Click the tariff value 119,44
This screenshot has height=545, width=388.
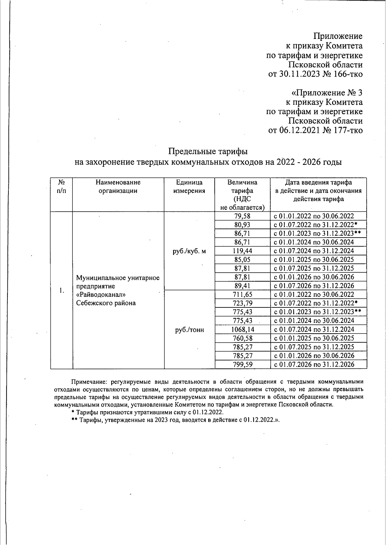pyautogui.click(x=242, y=251)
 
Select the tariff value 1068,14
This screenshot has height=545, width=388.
pyautogui.click(x=242, y=329)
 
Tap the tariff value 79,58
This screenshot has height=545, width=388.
pyautogui.click(x=242, y=216)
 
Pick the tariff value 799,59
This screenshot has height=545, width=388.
pyautogui.click(x=242, y=364)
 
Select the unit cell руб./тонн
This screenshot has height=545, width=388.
pyautogui.click(x=189, y=330)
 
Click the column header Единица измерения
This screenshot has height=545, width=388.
pyautogui.click(x=189, y=187)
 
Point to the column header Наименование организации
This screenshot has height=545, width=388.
pyautogui.click(x=118, y=187)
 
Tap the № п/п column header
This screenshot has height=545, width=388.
pyautogui.click(x=61, y=187)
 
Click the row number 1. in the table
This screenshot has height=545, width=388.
pyautogui.click(x=61, y=290)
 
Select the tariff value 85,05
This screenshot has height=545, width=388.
pyautogui.click(x=242, y=260)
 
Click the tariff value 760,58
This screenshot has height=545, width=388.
pyautogui.click(x=242, y=338)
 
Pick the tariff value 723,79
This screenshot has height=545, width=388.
pyautogui.click(x=242, y=303)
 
